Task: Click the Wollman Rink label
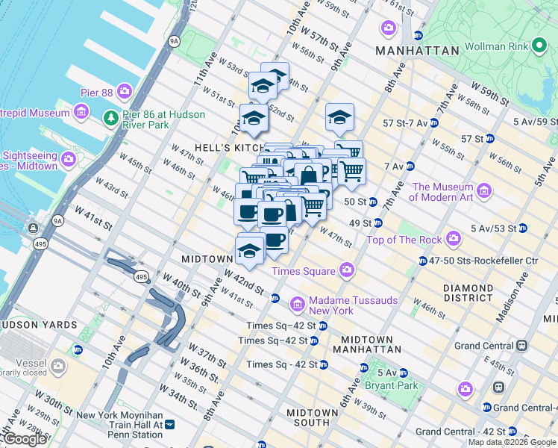[x=495, y=46]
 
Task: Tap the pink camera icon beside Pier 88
[x=124, y=93]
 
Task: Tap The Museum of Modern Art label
[x=443, y=193]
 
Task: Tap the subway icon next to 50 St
[x=372, y=202]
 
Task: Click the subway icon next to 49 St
[x=378, y=223]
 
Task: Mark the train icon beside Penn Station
[x=169, y=424]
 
